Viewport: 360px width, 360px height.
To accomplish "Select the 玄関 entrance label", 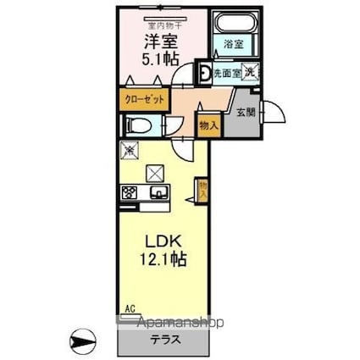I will coord(246,111).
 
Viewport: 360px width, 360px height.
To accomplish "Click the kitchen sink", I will coord(158,192).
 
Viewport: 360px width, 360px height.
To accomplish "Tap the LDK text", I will coord(156,240).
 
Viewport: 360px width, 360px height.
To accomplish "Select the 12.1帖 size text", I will coord(156,259).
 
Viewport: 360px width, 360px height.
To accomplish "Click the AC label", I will coord(130,308).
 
